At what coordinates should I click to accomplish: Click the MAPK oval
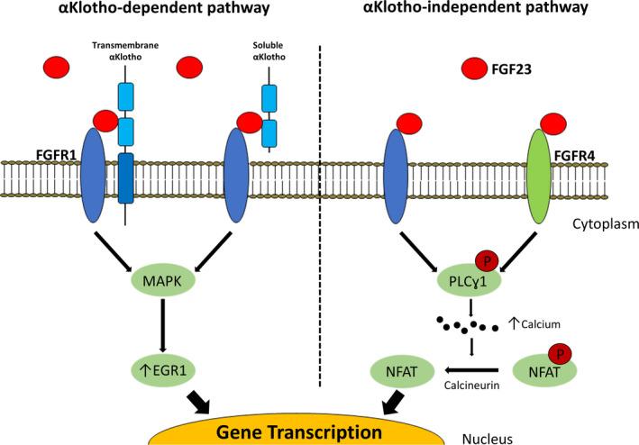(163, 281)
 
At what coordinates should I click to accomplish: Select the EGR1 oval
(163, 370)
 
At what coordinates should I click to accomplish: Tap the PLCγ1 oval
(469, 281)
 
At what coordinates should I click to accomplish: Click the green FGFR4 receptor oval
(539, 177)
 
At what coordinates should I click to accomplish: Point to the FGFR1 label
(55, 156)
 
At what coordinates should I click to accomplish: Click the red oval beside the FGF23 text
(474, 68)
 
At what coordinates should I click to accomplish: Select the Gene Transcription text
(298, 432)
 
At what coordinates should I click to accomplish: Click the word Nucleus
(488, 439)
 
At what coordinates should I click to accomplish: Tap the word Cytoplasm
(606, 224)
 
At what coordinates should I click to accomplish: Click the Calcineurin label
(471, 385)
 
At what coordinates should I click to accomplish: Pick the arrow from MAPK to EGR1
(163, 326)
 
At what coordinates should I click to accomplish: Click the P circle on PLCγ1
(487, 262)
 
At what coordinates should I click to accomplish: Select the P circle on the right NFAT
(560, 354)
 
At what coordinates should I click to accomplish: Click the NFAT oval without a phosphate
(401, 371)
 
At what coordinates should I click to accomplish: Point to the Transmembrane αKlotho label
(125, 50)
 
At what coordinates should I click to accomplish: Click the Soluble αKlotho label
(269, 50)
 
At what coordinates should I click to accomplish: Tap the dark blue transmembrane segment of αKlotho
(125, 178)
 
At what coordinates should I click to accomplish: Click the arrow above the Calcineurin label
(471, 370)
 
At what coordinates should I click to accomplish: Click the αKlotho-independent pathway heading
(475, 8)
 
